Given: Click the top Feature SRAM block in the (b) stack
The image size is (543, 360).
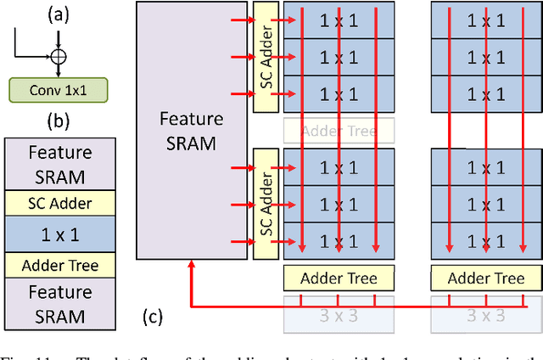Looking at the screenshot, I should coord(60,164).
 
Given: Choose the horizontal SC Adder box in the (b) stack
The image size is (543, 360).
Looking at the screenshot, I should coord(60,202).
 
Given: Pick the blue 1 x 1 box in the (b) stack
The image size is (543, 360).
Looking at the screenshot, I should coord(60,233).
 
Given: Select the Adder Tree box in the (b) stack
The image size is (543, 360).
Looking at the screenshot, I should coord(60,266).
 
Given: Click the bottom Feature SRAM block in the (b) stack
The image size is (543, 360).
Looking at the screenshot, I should coord(60,304).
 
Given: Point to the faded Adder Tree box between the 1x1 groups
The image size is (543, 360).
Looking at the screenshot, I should coord(339,130).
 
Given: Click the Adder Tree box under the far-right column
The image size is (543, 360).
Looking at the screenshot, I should coord(485,278).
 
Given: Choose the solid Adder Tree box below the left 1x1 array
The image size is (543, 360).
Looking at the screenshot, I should coord(339,278).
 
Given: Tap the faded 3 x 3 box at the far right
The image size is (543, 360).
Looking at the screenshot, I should coord(485,316).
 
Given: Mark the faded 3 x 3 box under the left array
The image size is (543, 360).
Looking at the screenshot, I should coord(339,316).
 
